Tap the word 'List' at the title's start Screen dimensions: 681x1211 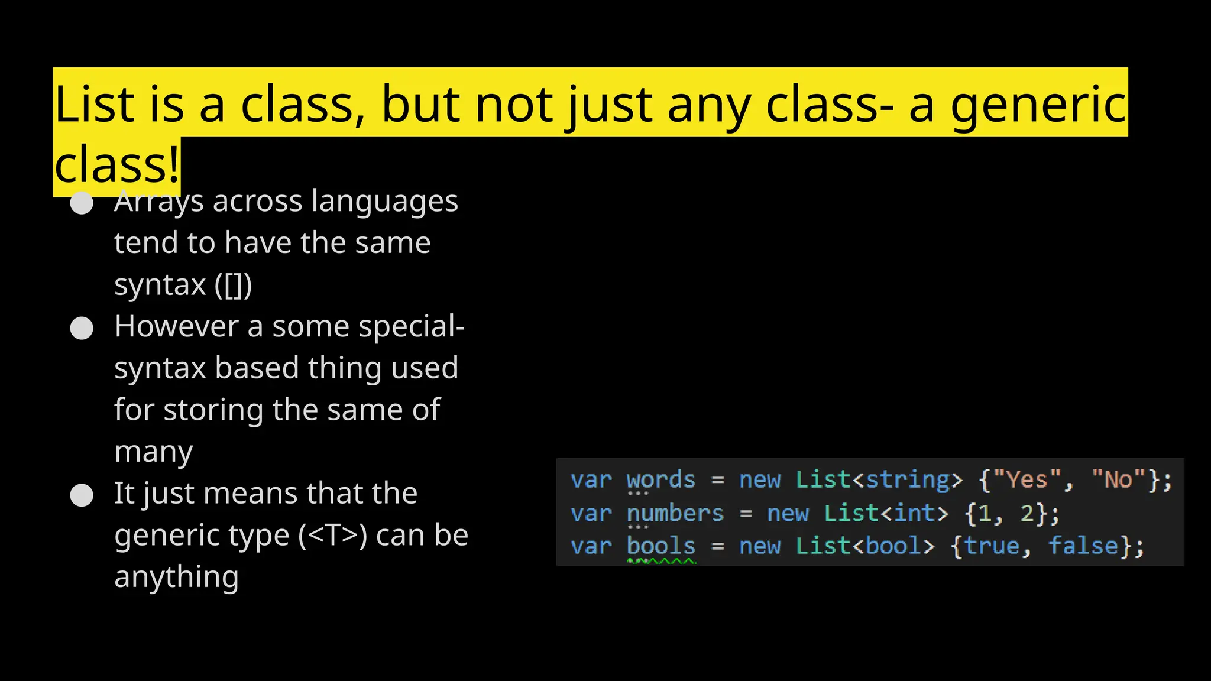click(x=95, y=105)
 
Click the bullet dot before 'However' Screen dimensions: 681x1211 click(x=82, y=328)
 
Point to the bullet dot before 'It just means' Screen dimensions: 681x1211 click(x=82, y=495)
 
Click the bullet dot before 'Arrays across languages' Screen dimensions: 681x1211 click(x=82, y=203)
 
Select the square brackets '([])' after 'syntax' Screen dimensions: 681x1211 click(x=233, y=285)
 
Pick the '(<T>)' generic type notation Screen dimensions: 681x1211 click(x=332, y=535)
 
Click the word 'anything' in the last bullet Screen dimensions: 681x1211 click(x=176, y=577)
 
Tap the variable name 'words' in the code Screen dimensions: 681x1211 click(x=660, y=480)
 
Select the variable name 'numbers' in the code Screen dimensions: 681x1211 click(x=675, y=513)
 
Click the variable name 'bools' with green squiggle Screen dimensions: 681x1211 click(x=660, y=546)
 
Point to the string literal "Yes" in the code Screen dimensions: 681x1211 click(x=1027, y=479)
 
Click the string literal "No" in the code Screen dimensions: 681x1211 click(x=1118, y=479)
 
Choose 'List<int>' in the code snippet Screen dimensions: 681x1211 click(x=886, y=513)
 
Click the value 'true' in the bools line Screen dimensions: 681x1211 click(x=992, y=546)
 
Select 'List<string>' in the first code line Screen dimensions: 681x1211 click(x=879, y=479)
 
